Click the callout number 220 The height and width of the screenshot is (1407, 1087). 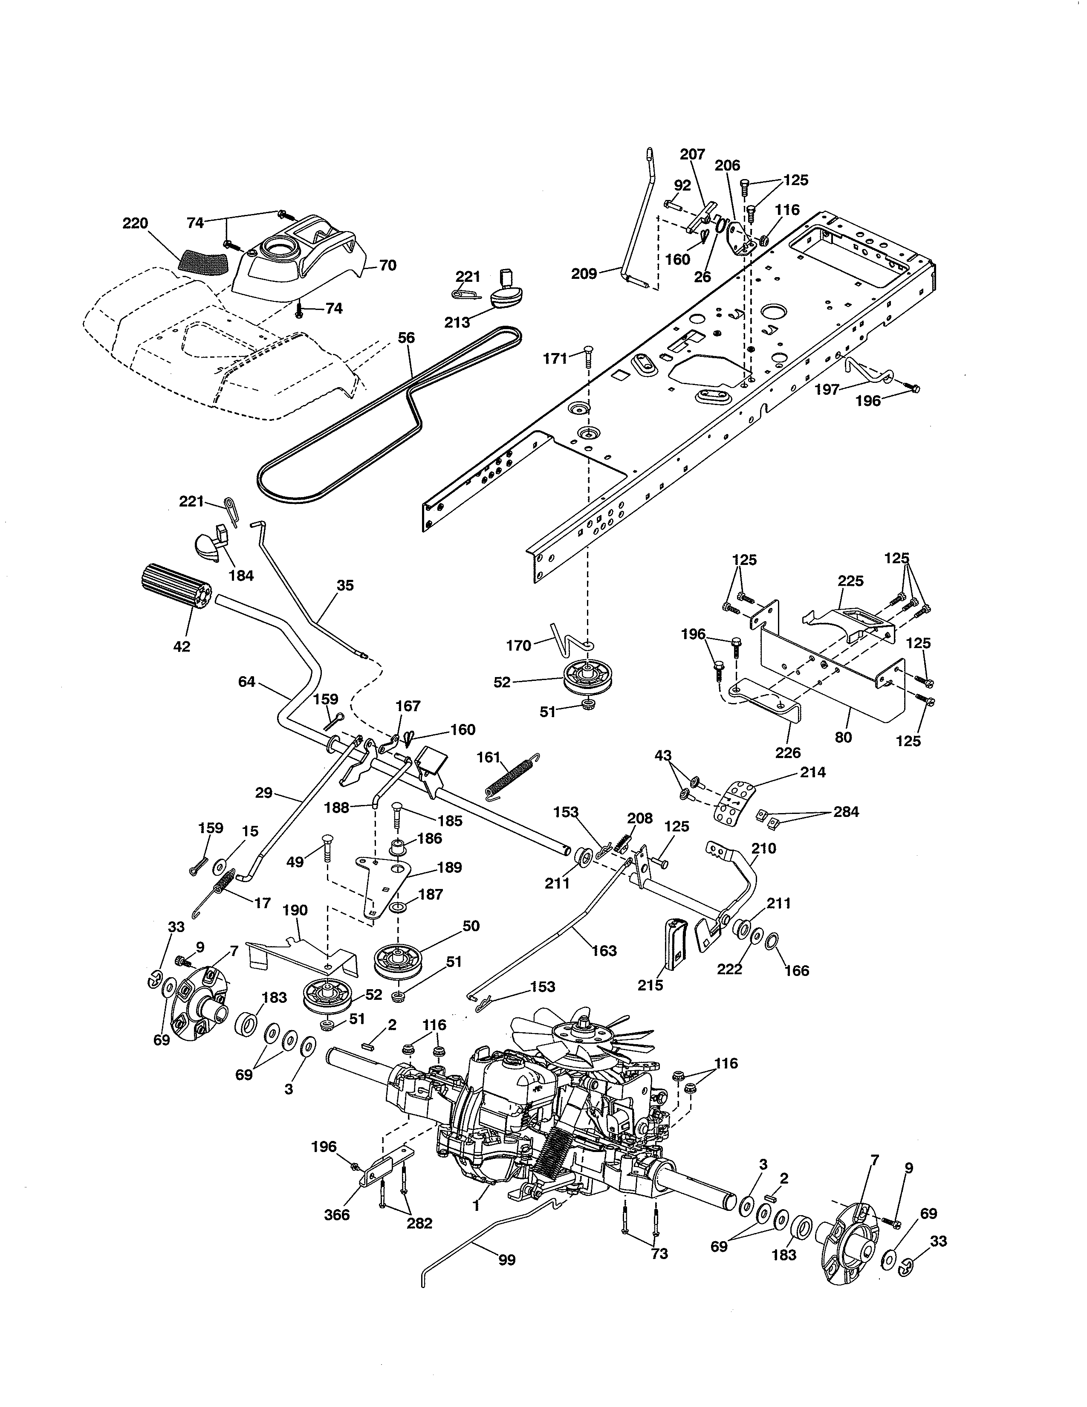click(x=135, y=223)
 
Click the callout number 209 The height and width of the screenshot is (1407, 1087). click(x=584, y=273)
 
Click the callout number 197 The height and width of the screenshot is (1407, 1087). click(x=827, y=389)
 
